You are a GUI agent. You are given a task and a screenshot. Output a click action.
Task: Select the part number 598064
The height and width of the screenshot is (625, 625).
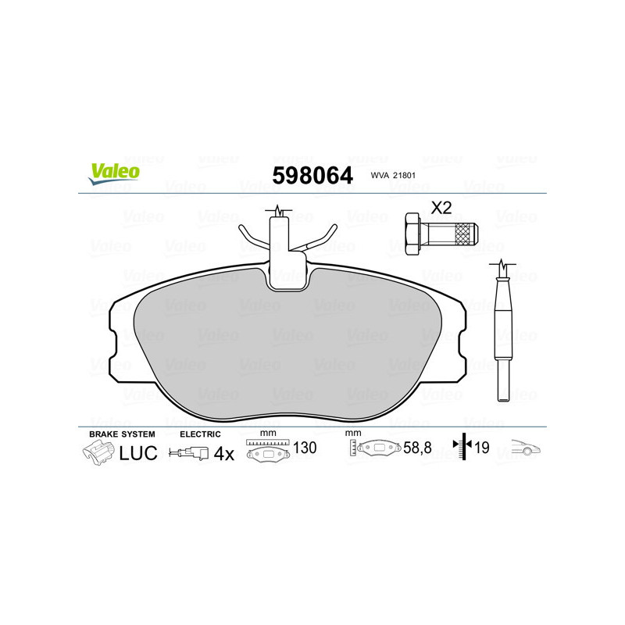point(312,176)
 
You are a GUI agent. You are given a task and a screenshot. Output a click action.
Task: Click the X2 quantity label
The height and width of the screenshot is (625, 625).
point(441,208)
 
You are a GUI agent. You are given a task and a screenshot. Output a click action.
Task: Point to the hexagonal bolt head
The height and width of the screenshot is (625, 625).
point(416,232)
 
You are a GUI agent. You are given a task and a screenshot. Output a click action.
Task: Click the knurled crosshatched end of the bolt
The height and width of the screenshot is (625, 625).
point(466,232)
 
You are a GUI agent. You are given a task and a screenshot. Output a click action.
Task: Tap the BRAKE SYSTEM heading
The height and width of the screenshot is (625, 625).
point(122,434)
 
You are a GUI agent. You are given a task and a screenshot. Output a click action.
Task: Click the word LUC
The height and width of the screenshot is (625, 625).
point(138,453)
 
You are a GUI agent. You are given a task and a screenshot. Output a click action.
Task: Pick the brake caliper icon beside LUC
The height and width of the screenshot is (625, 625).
point(98,452)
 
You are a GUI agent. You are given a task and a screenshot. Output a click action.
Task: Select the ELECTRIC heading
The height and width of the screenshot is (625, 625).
point(201,434)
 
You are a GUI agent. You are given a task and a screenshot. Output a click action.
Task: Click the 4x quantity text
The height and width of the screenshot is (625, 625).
point(224,453)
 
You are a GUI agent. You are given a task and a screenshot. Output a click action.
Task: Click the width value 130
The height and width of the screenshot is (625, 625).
point(305,449)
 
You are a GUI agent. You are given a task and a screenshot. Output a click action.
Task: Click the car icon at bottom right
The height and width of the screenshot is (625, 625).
point(525,449)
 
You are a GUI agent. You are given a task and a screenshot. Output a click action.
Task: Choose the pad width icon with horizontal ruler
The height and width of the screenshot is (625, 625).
point(267,450)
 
